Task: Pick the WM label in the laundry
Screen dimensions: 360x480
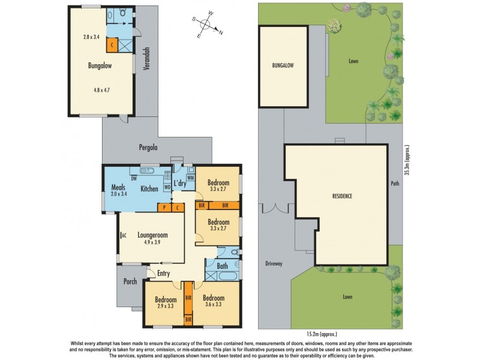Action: tap(190, 178)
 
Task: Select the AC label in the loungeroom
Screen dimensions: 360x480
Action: tap(122, 235)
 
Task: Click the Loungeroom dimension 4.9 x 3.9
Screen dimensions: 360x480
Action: tap(152, 242)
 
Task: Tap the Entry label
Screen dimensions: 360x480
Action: tap(163, 274)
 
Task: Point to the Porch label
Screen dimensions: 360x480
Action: tap(130, 281)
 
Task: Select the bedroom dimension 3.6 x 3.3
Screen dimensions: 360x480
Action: tap(213, 305)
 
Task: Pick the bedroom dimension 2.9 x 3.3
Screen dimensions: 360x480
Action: tap(165, 306)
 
